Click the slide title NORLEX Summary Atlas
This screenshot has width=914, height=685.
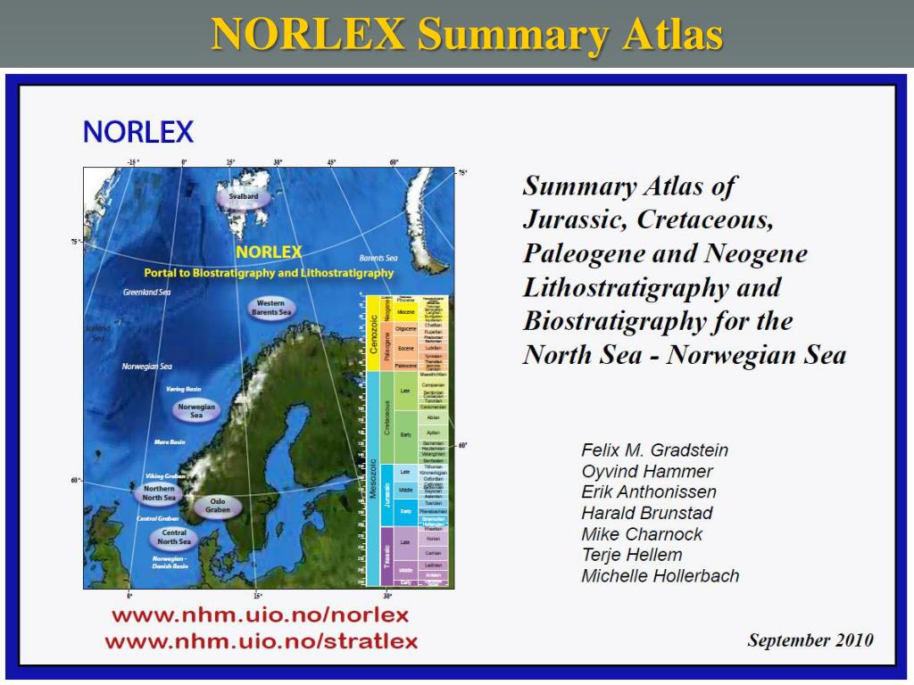[x=467, y=34]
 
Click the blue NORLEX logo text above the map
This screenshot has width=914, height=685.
[x=138, y=132]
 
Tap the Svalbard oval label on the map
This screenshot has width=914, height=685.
[x=243, y=196]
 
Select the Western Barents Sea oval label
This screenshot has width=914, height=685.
[x=270, y=309]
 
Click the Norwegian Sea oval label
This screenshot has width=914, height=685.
[x=196, y=410]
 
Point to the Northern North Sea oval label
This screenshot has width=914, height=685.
[x=160, y=493]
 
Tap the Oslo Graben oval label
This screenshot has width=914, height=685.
[x=218, y=506]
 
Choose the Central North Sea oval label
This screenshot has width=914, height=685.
[x=174, y=537]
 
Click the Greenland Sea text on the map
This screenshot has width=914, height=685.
[x=146, y=292]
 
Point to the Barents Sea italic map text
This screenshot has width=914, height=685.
[x=390, y=257]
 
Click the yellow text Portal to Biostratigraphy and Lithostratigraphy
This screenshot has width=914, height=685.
[x=269, y=273]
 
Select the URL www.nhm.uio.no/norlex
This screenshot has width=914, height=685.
[x=260, y=615]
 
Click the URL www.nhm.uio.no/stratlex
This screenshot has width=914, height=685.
[x=261, y=641]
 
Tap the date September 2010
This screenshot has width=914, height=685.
[x=810, y=640]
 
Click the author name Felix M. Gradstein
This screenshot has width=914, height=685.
[x=654, y=450]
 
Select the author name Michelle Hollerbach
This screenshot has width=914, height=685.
[x=660, y=576]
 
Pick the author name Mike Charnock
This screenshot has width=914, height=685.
[x=642, y=534]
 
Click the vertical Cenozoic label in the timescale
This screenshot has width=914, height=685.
[x=373, y=334]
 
